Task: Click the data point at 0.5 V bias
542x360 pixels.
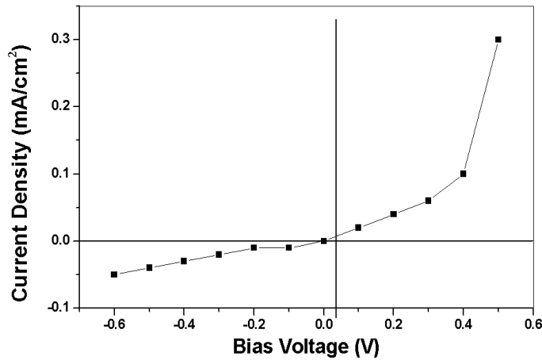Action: tap(498, 39)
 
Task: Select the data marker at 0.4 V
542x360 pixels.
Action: tap(463, 174)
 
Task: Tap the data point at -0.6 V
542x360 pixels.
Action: tap(114, 274)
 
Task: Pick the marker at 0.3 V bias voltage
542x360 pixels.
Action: tap(428, 201)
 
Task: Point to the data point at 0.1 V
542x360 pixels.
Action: tap(358, 228)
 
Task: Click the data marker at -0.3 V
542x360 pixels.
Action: tap(219, 255)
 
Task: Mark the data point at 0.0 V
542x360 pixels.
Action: tap(323, 241)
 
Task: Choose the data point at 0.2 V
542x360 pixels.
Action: tap(393, 214)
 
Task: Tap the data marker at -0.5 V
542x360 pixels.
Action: tap(149, 268)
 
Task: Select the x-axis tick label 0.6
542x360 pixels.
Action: tap(532, 324)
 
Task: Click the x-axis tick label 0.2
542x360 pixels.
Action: tap(393, 324)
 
